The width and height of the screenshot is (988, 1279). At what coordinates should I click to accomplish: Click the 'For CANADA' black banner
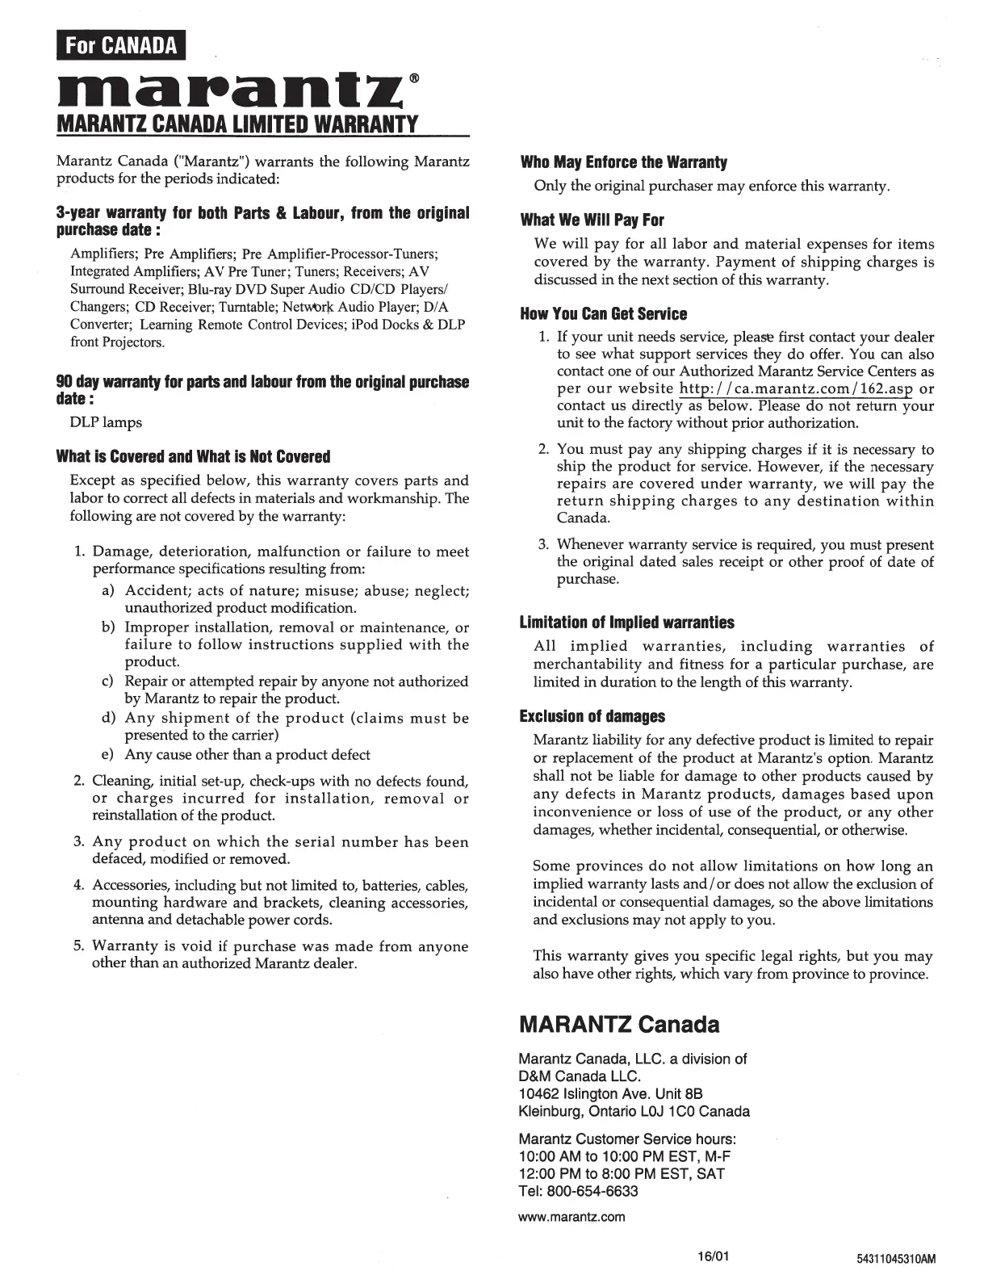coord(121,45)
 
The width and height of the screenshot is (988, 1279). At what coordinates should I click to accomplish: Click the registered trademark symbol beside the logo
coord(414,78)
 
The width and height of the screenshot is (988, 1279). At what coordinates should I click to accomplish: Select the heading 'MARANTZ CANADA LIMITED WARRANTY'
coord(237,125)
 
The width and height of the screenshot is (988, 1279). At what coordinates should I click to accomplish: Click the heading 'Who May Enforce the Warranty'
coord(623,162)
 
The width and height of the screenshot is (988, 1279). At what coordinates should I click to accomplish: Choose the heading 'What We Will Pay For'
coord(592,220)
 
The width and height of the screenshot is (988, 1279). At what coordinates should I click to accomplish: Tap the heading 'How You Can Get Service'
coord(603,314)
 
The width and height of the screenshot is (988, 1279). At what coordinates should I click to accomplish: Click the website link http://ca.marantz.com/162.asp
coord(795,388)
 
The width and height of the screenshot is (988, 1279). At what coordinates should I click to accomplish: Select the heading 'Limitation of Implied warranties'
coord(626,623)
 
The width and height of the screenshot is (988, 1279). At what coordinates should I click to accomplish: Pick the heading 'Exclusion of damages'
coord(592,716)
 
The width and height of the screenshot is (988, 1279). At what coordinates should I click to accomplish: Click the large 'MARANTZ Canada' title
coord(618,1025)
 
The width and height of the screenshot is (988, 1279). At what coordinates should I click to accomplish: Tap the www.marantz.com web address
coord(571,1217)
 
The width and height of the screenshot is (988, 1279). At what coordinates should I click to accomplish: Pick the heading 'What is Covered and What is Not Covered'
coord(194,457)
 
